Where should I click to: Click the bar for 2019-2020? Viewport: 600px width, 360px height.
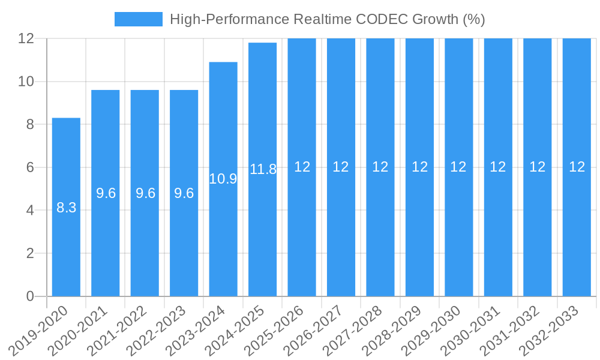[x=66, y=240]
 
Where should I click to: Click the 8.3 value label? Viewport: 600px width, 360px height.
[x=66, y=208]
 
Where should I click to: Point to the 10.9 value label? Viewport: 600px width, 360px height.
[x=223, y=178]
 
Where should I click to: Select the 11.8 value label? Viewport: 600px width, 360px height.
[x=263, y=169]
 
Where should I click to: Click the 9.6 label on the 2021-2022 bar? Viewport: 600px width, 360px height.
[x=145, y=193]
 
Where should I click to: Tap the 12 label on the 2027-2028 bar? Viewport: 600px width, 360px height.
[x=380, y=167]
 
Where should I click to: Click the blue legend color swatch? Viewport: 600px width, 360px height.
[x=138, y=19]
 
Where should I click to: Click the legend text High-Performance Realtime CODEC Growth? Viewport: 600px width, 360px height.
[x=327, y=19]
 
